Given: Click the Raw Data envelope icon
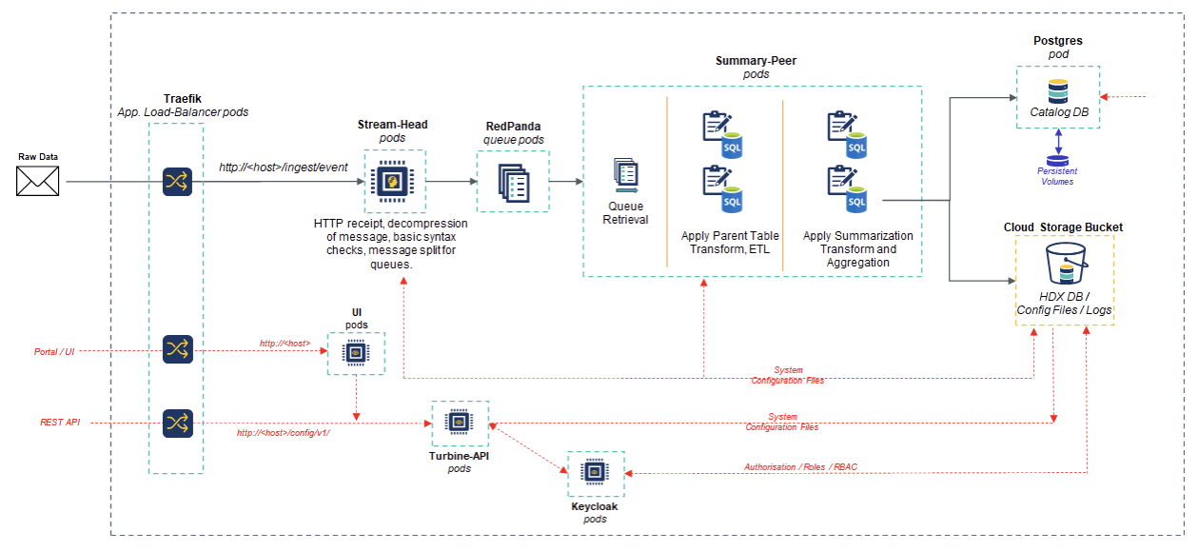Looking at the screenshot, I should tap(38, 181).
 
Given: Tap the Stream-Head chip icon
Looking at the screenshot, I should tap(395, 180).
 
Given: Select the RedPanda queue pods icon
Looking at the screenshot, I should tap(512, 181).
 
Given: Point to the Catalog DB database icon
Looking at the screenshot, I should tap(1057, 92).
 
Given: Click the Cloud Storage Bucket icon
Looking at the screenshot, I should tap(1064, 264).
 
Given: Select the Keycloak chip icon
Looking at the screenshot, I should tap(596, 473).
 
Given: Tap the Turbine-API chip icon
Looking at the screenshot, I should tap(460, 423).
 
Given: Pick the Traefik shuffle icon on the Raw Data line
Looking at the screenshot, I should tap(177, 181).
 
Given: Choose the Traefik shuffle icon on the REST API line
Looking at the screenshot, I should tap(177, 423).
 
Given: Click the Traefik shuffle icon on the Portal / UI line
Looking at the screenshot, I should tap(177, 349).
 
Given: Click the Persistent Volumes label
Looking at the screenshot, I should tap(1057, 176).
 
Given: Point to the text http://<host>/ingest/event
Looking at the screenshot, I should tap(283, 167).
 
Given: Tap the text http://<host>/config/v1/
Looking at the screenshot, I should tap(284, 433).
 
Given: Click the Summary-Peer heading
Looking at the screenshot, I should tap(756, 61).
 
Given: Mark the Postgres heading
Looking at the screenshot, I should tap(1057, 41).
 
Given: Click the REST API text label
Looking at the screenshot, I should tap(60, 422).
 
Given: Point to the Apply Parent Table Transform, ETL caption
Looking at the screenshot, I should tap(731, 243).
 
